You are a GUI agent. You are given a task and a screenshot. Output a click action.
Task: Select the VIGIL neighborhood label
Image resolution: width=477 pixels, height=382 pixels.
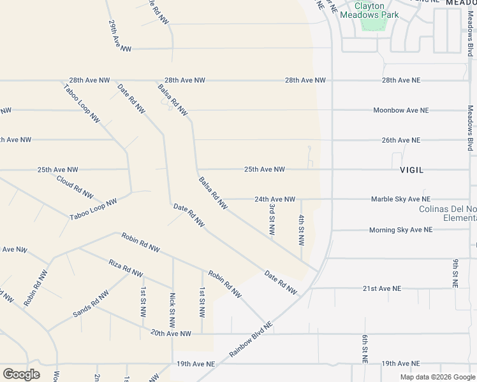coord(411,170)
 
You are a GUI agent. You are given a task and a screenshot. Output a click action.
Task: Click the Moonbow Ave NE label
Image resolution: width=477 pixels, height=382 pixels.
coord(401,110)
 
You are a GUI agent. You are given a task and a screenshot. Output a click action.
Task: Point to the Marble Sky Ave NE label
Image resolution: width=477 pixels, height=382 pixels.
coord(400,199)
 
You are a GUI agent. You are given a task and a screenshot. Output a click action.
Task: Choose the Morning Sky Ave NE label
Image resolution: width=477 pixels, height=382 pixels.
coord(400,230)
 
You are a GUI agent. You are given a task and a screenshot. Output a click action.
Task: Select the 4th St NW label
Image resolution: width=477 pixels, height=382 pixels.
coord(301,230)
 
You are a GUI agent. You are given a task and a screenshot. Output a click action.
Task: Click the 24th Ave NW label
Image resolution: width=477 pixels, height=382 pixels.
coord(275,199)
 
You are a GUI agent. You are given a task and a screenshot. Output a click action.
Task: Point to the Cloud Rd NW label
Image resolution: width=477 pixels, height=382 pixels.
coord(75,186)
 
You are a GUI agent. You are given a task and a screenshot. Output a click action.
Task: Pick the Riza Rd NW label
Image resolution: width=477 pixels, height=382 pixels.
coord(125,268)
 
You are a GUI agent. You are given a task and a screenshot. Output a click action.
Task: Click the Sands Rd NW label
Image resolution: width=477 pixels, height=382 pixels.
coord(91,304)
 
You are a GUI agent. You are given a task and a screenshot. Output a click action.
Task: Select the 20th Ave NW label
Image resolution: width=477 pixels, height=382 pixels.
coord(171,333)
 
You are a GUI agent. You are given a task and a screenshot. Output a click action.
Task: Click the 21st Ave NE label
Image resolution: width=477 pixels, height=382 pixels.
coord(382,288)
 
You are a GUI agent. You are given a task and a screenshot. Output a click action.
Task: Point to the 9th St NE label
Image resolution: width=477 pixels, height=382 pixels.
coord(456,274)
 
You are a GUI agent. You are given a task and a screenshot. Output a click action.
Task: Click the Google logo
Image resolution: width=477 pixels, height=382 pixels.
coord(21,374)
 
